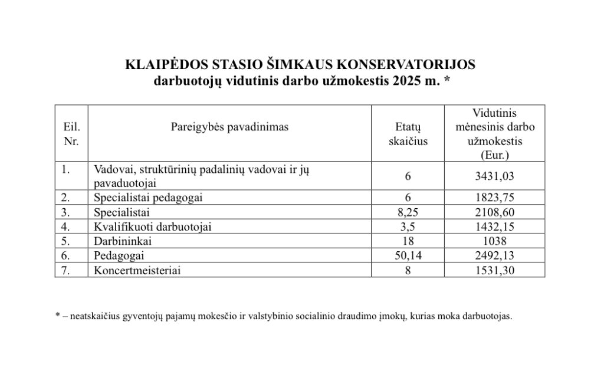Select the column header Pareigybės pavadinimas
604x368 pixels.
(x=229, y=127)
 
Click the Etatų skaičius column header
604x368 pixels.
(x=408, y=134)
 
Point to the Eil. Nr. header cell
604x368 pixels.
(x=71, y=134)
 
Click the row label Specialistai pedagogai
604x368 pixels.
(x=148, y=198)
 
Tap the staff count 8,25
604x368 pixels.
(x=408, y=212)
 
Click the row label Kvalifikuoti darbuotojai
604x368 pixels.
(x=153, y=226)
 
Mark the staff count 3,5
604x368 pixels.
(x=408, y=226)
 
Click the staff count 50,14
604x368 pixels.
(x=408, y=255)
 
